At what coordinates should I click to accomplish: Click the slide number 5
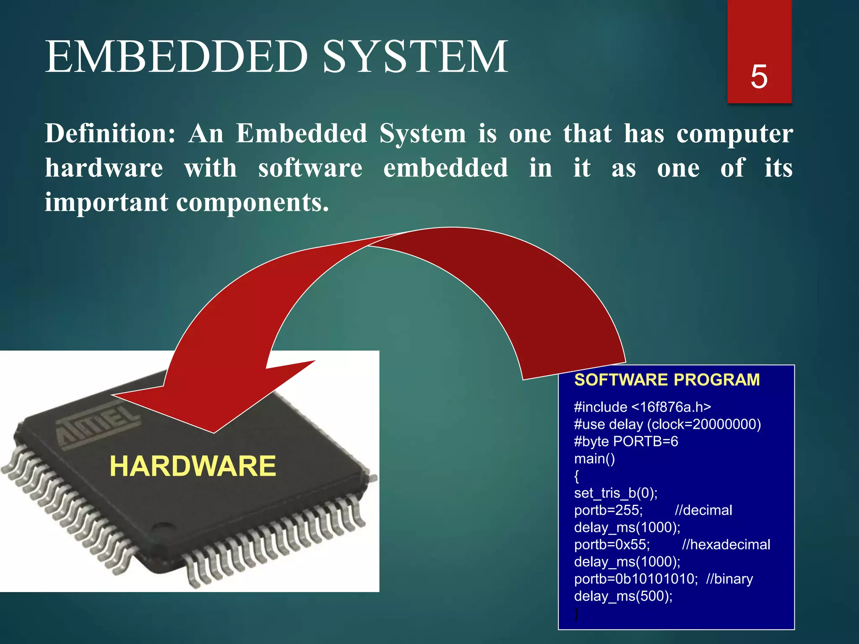click(x=759, y=77)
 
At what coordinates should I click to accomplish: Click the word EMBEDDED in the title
click(x=177, y=57)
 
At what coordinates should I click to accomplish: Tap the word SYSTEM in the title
click(x=415, y=57)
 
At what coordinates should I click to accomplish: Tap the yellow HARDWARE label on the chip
click(x=193, y=466)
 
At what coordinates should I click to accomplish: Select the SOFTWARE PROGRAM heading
click(x=666, y=380)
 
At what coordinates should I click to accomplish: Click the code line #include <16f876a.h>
click(x=642, y=407)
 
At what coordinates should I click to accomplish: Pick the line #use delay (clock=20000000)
click(x=667, y=424)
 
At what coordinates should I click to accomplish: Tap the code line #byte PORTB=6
click(x=626, y=441)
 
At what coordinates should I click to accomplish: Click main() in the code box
click(x=594, y=459)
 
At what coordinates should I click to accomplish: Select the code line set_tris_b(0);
click(x=615, y=493)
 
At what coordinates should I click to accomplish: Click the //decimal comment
click(x=703, y=510)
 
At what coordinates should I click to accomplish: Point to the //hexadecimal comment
click(x=726, y=545)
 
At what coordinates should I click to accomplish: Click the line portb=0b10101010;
click(x=635, y=579)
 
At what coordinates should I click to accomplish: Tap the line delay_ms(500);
click(x=623, y=596)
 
